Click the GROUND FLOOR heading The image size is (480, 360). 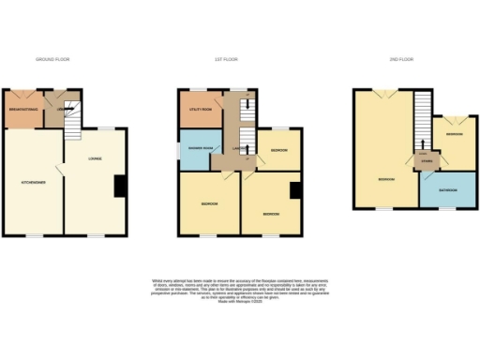click(x=52, y=59)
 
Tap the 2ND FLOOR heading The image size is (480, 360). click(x=401, y=59)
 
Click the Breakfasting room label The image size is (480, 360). click(x=22, y=110)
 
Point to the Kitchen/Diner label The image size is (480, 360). click(x=35, y=181)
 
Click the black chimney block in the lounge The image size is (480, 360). click(x=119, y=187)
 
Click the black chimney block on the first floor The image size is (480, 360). click(x=294, y=191)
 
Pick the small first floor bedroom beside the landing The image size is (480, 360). click(x=279, y=151)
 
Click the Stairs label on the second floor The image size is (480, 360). click(x=427, y=161)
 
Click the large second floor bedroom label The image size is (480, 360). click(x=385, y=178)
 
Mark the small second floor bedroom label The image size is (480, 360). click(x=454, y=134)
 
